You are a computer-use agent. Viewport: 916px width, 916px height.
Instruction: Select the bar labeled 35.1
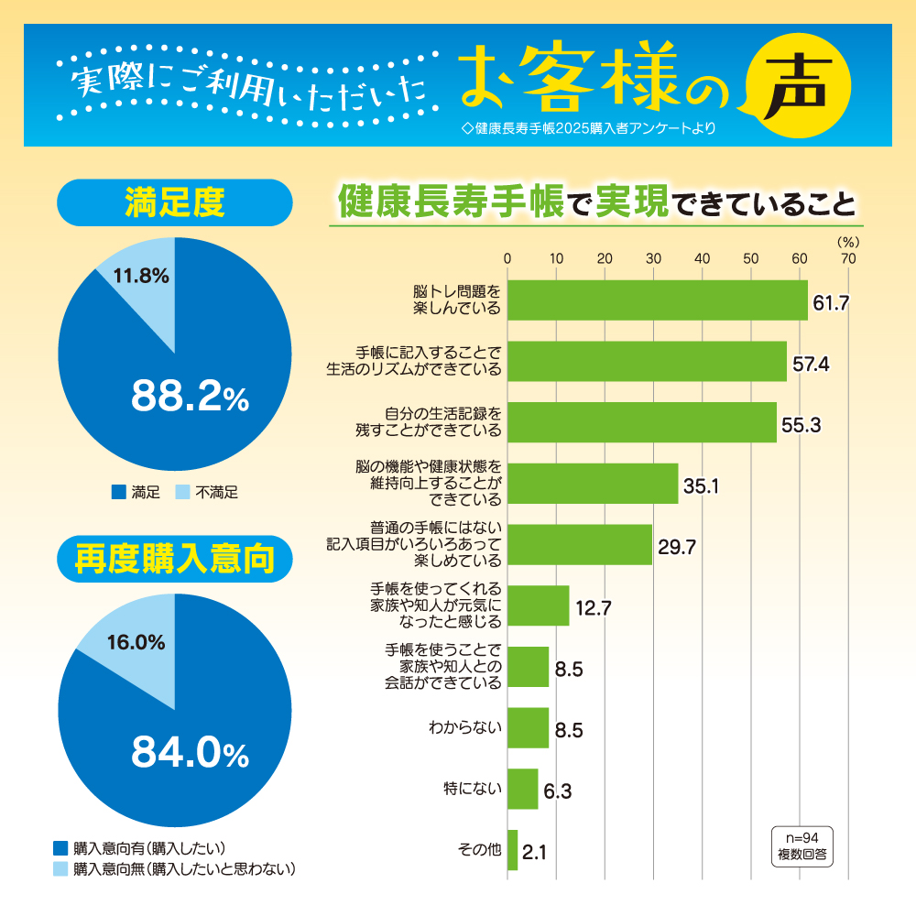click(x=592, y=484)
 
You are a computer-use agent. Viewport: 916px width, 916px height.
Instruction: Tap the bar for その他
click(x=512, y=850)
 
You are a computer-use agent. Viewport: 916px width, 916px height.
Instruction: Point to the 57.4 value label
click(x=811, y=364)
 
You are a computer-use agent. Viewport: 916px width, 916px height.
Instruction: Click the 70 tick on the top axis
click(x=848, y=259)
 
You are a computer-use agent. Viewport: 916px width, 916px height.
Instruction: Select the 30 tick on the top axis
click(x=653, y=259)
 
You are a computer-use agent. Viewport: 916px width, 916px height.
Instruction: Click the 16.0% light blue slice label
click(x=136, y=642)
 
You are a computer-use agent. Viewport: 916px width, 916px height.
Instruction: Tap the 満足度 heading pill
click(x=174, y=202)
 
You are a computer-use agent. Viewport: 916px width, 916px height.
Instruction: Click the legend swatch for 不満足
click(x=181, y=493)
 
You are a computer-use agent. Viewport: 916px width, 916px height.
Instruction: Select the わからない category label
click(x=465, y=728)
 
